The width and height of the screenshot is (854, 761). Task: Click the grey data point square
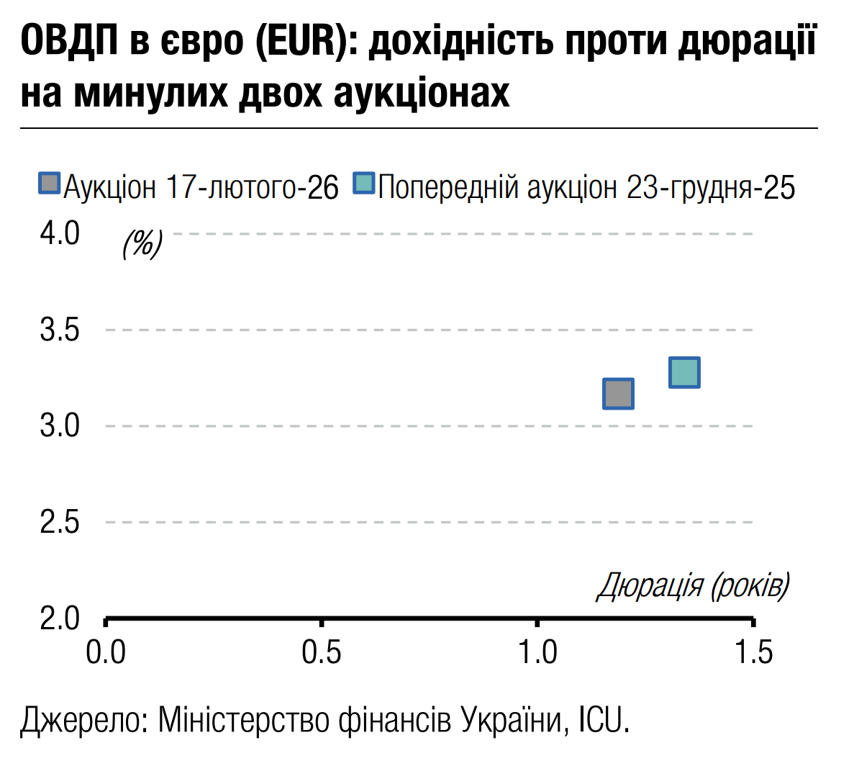pos(618,394)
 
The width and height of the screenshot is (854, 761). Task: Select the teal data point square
pos(684,372)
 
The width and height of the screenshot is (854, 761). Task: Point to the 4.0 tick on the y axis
pos(60,233)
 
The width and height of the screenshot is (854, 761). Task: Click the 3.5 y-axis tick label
pos(60,330)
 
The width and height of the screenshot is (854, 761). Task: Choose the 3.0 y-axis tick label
pos(60,426)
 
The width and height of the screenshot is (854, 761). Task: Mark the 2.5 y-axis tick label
pos(60,523)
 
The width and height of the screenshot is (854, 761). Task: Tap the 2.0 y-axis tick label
pos(60,618)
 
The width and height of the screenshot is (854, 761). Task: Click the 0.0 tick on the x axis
pos(106,652)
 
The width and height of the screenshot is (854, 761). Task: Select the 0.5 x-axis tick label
pos(322,652)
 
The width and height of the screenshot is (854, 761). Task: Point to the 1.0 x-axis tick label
pos(537,652)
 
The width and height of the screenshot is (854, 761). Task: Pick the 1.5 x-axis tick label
pos(753,652)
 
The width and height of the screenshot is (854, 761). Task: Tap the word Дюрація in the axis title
pos(650,586)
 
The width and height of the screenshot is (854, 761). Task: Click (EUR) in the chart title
pos(304,41)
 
